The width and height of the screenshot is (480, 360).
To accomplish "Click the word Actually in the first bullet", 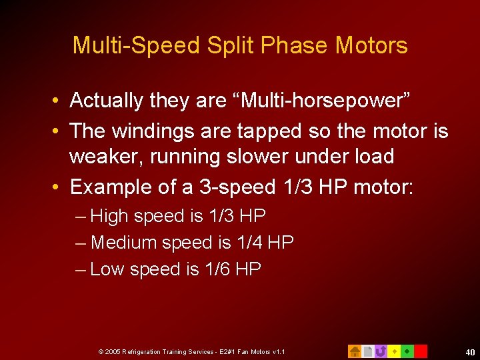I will [107, 101].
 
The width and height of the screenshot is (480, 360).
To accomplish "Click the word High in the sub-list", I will [109, 216].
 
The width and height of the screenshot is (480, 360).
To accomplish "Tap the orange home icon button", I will [355, 351].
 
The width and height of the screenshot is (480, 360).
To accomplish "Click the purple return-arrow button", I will [381, 351].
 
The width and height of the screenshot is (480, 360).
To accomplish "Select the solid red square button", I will [421, 351].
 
